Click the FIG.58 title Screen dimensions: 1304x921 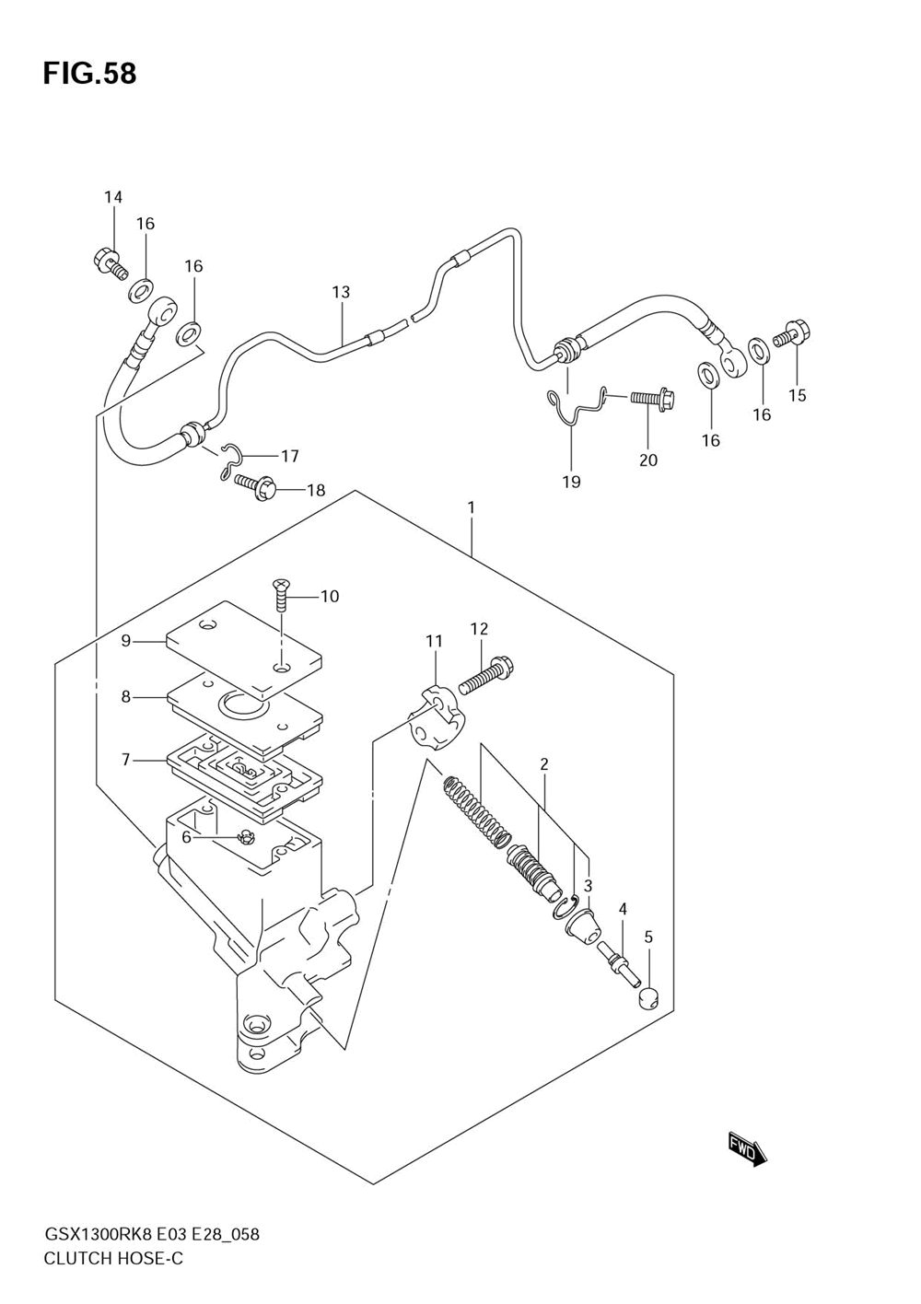click(x=89, y=74)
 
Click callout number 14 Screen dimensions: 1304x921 click(x=112, y=197)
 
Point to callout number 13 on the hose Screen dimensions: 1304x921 click(x=341, y=292)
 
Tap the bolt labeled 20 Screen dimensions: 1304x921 click(x=652, y=399)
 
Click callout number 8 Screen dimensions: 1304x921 click(x=126, y=697)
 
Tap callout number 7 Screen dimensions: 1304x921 click(x=126, y=760)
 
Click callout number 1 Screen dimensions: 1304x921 click(x=471, y=507)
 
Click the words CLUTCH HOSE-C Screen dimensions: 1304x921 click(x=113, y=1258)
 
